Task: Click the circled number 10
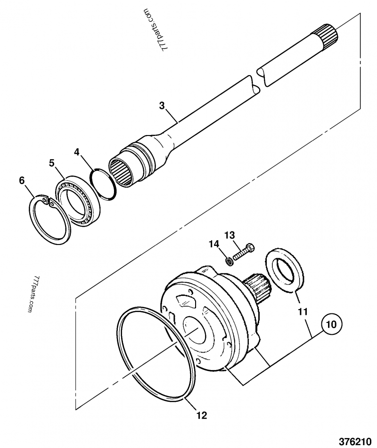pos(332,324)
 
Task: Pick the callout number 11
pos(303,312)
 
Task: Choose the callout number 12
pos(201,415)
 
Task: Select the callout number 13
pos(229,235)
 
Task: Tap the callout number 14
pos(214,244)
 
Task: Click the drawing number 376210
pos(356,441)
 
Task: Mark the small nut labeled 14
pos(228,260)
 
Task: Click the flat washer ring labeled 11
pos(283,271)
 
